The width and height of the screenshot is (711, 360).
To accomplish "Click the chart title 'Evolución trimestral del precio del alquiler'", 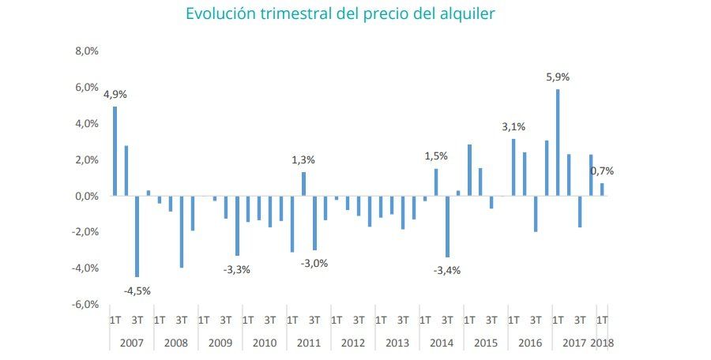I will (x=340, y=14).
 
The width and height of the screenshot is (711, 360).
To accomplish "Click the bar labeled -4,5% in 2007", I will (x=137, y=236).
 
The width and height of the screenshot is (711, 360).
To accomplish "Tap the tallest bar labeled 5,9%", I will (x=558, y=142).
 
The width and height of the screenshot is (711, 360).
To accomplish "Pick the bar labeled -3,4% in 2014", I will (x=447, y=227).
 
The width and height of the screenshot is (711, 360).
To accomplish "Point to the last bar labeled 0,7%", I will (x=602, y=189).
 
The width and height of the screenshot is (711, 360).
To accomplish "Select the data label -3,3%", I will (x=237, y=269).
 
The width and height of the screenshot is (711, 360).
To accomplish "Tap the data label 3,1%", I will (x=513, y=127).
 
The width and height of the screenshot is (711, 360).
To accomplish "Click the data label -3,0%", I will (x=314, y=264).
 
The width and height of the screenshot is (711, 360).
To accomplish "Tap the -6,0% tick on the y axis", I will (x=84, y=305).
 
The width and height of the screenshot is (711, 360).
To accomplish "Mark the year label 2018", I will (x=602, y=343).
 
